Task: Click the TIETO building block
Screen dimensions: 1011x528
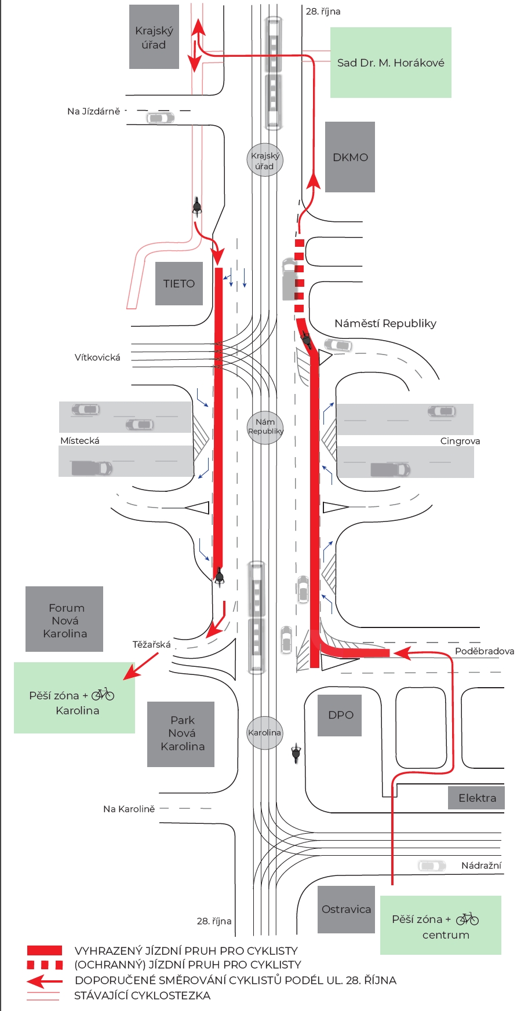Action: click(x=179, y=283)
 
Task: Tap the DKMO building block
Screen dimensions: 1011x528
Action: click(x=349, y=157)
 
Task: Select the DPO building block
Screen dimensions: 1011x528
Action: click(x=340, y=715)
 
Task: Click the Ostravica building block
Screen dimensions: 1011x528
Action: click(x=346, y=909)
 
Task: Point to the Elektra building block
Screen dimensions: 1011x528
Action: click(x=476, y=798)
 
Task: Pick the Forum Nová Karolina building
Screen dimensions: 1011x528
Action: click(x=64, y=619)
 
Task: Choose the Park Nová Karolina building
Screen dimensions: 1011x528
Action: click(x=181, y=733)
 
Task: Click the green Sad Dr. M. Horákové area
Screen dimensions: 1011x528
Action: click(x=390, y=63)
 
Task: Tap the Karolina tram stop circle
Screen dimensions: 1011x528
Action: click(x=264, y=732)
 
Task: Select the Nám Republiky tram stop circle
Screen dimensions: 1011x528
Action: click(x=265, y=427)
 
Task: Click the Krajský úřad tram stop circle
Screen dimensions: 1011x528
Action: click(x=265, y=160)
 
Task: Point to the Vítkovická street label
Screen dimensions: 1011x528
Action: click(x=97, y=357)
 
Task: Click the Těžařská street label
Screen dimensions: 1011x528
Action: click(x=151, y=644)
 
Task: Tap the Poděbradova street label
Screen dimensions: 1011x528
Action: click(x=484, y=651)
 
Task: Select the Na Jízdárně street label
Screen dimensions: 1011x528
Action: click(x=93, y=111)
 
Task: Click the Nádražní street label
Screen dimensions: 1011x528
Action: click(x=481, y=866)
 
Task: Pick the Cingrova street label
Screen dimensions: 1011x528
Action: click(x=460, y=441)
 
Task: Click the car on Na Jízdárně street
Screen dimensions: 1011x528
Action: click(x=160, y=118)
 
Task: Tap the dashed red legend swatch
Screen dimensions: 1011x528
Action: click(x=45, y=965)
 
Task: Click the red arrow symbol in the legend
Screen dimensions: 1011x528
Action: click(x=45, y=981)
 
